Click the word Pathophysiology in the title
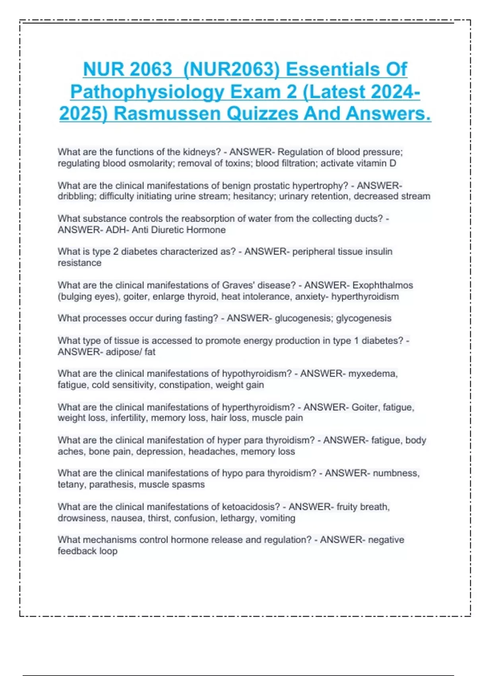coord(146,92)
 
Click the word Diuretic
coord(167,230)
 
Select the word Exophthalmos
coord(382,285)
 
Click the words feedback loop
coord(87,551)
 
